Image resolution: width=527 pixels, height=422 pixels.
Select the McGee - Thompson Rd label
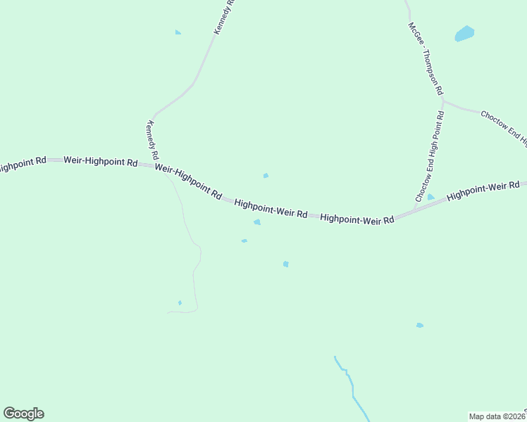pyautogui.click(x=426, y=58)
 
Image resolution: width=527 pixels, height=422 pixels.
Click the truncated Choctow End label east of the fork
pyautogui.click(x=503, y=127)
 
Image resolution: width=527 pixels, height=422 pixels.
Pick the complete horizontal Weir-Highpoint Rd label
pyautogui.click(x=100, y=161)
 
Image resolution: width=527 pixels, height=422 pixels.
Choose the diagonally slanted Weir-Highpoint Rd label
pyautogui.click(x=188, y=181)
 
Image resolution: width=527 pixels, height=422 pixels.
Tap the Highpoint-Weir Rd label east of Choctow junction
pyautogui.click(x=483, y=190)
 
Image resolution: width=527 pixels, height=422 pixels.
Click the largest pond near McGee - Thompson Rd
pyautogui.click(x=464, y=33)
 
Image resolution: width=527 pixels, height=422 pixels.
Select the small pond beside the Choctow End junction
pyautogui.click(x=430, y=197)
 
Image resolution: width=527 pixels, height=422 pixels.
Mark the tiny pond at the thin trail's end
pyautogui.click(x=180, y=303)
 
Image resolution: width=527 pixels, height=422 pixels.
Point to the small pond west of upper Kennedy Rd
pyautogui.click(x=178, y=32)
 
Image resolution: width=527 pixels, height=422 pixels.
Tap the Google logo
pyautogui.click(x=23, y=414)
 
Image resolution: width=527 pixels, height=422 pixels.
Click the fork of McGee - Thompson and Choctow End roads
pyautogui.click(x=443, y=102)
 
